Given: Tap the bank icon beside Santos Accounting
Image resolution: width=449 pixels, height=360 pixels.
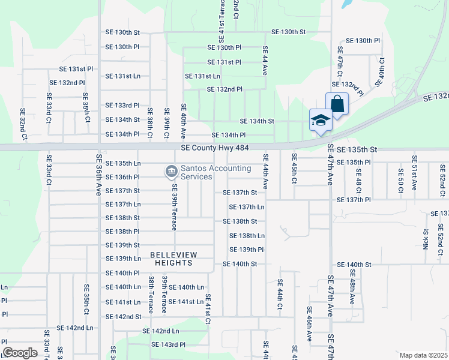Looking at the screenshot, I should coord(171,172).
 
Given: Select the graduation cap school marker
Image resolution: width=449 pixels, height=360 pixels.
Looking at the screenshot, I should coord(321,119).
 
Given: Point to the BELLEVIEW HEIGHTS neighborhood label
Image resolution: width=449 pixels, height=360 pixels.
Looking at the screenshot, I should coord(174,259).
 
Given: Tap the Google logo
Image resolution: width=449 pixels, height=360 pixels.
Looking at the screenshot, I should coord(20,352).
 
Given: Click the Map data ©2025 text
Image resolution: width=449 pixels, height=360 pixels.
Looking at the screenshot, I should coord(423,355).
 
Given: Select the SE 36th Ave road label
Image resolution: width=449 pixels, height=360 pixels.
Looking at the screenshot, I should coord(99,174).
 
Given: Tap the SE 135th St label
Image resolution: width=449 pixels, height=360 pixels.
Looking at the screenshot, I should coord(357,149).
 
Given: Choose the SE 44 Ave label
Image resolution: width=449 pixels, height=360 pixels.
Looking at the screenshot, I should coord(264,62).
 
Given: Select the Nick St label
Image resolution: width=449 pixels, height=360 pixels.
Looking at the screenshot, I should coord(426,238).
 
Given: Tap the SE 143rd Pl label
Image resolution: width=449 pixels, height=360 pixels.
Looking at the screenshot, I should coord(168,344).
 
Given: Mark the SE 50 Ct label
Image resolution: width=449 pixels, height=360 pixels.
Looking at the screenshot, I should coord(400,181).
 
